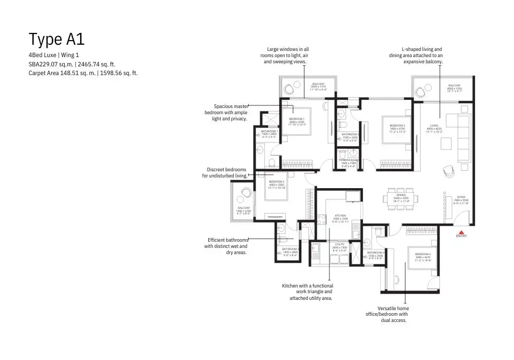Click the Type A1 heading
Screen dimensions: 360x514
coord(57,39)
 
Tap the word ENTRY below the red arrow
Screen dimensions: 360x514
coord(461,236)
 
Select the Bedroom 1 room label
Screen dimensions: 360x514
coord(298,121)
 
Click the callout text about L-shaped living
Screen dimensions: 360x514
coord(416,56)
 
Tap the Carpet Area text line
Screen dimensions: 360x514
coord(83,73)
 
